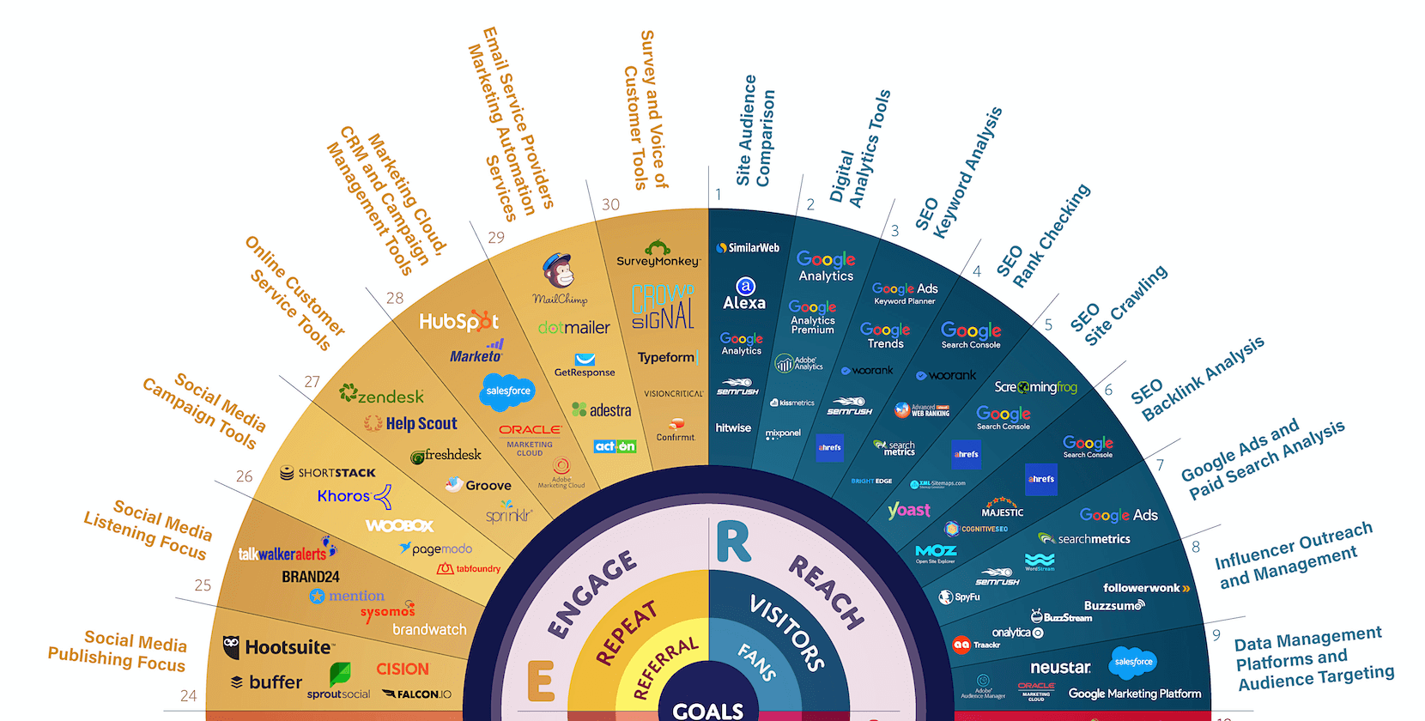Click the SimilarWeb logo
[748, 248]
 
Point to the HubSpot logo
[458, 322]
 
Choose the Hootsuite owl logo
[231, 647]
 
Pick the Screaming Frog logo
[1035, 387]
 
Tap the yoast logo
[909, 510]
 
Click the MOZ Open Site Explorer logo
[936, 554]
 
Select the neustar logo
[1060, 667]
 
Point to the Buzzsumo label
[1113, 606]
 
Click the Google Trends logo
[885, 335]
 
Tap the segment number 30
[610, 204]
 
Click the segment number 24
[189, 696]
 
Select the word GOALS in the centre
[708, 711]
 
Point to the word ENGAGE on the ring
[592, 595]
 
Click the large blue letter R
[733, 542]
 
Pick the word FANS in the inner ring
[757, 662]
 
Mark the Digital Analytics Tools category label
[859, 150]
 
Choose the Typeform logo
[666, 357]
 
